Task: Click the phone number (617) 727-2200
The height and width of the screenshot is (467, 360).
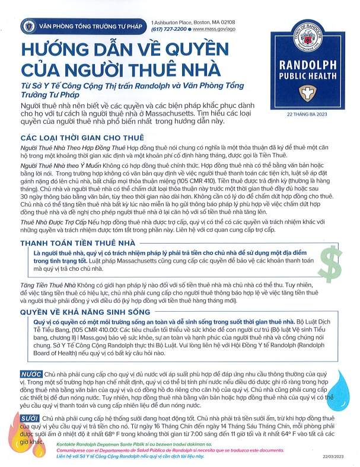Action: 169,28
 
